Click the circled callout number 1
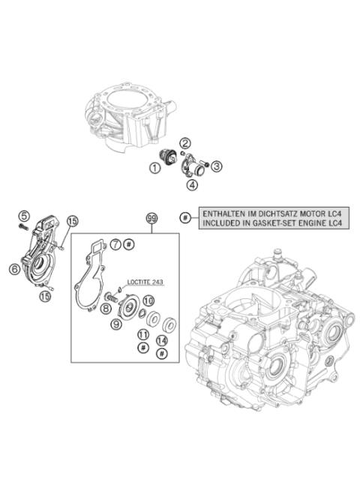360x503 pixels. pos(154,169)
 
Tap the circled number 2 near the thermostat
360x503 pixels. pos(184,143)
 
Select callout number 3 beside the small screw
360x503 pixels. pos(216,166)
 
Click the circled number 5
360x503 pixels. pos(24,216)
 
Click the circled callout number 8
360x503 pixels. pos(106,309)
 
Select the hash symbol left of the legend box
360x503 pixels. pos(185,218)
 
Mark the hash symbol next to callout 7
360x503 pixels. pos(129,245)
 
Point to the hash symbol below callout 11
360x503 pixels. pos(142,348)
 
